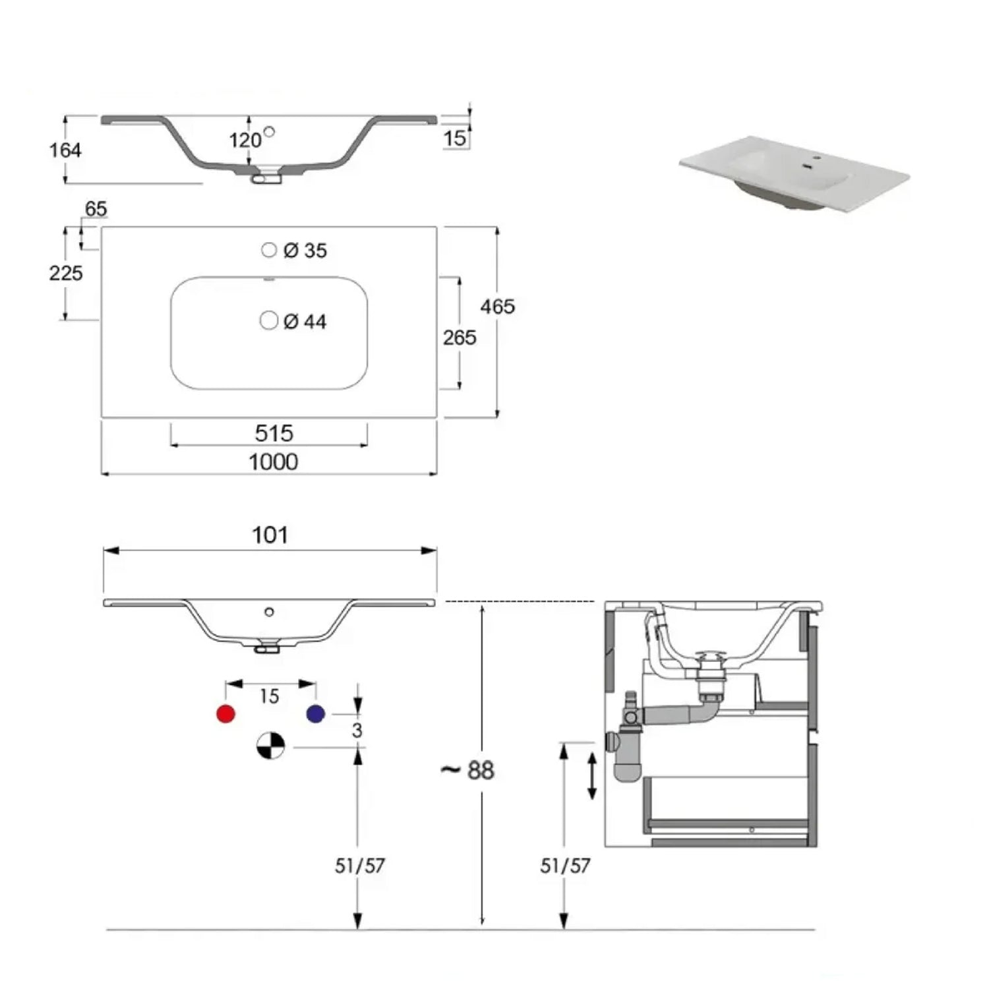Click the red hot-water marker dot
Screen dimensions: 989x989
coord(226,713)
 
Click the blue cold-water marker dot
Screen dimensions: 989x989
coord(316,713)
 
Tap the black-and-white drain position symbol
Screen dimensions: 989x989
coord(270,746)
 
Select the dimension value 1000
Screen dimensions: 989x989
coord(273,462)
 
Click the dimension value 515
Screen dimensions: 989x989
coord(274,433)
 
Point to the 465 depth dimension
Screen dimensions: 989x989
coord(497,307)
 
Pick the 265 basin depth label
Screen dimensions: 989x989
coord(459,338)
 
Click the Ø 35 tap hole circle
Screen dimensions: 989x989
coord(268,250)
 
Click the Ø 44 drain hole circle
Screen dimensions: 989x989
coord(268,320)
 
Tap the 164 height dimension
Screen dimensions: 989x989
coord(65,150)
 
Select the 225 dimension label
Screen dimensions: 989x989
coord(66,273)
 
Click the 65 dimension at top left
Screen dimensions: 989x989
coord(96,209)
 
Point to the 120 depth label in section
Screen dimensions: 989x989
coord(245,140)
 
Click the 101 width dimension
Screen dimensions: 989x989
coord(270,535)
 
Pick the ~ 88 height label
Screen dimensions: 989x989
coord(467,770)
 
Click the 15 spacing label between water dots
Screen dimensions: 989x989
coord(269,696)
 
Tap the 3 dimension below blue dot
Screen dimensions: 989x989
coord(357,731)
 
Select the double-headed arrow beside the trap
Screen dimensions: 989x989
coord(592,776)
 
